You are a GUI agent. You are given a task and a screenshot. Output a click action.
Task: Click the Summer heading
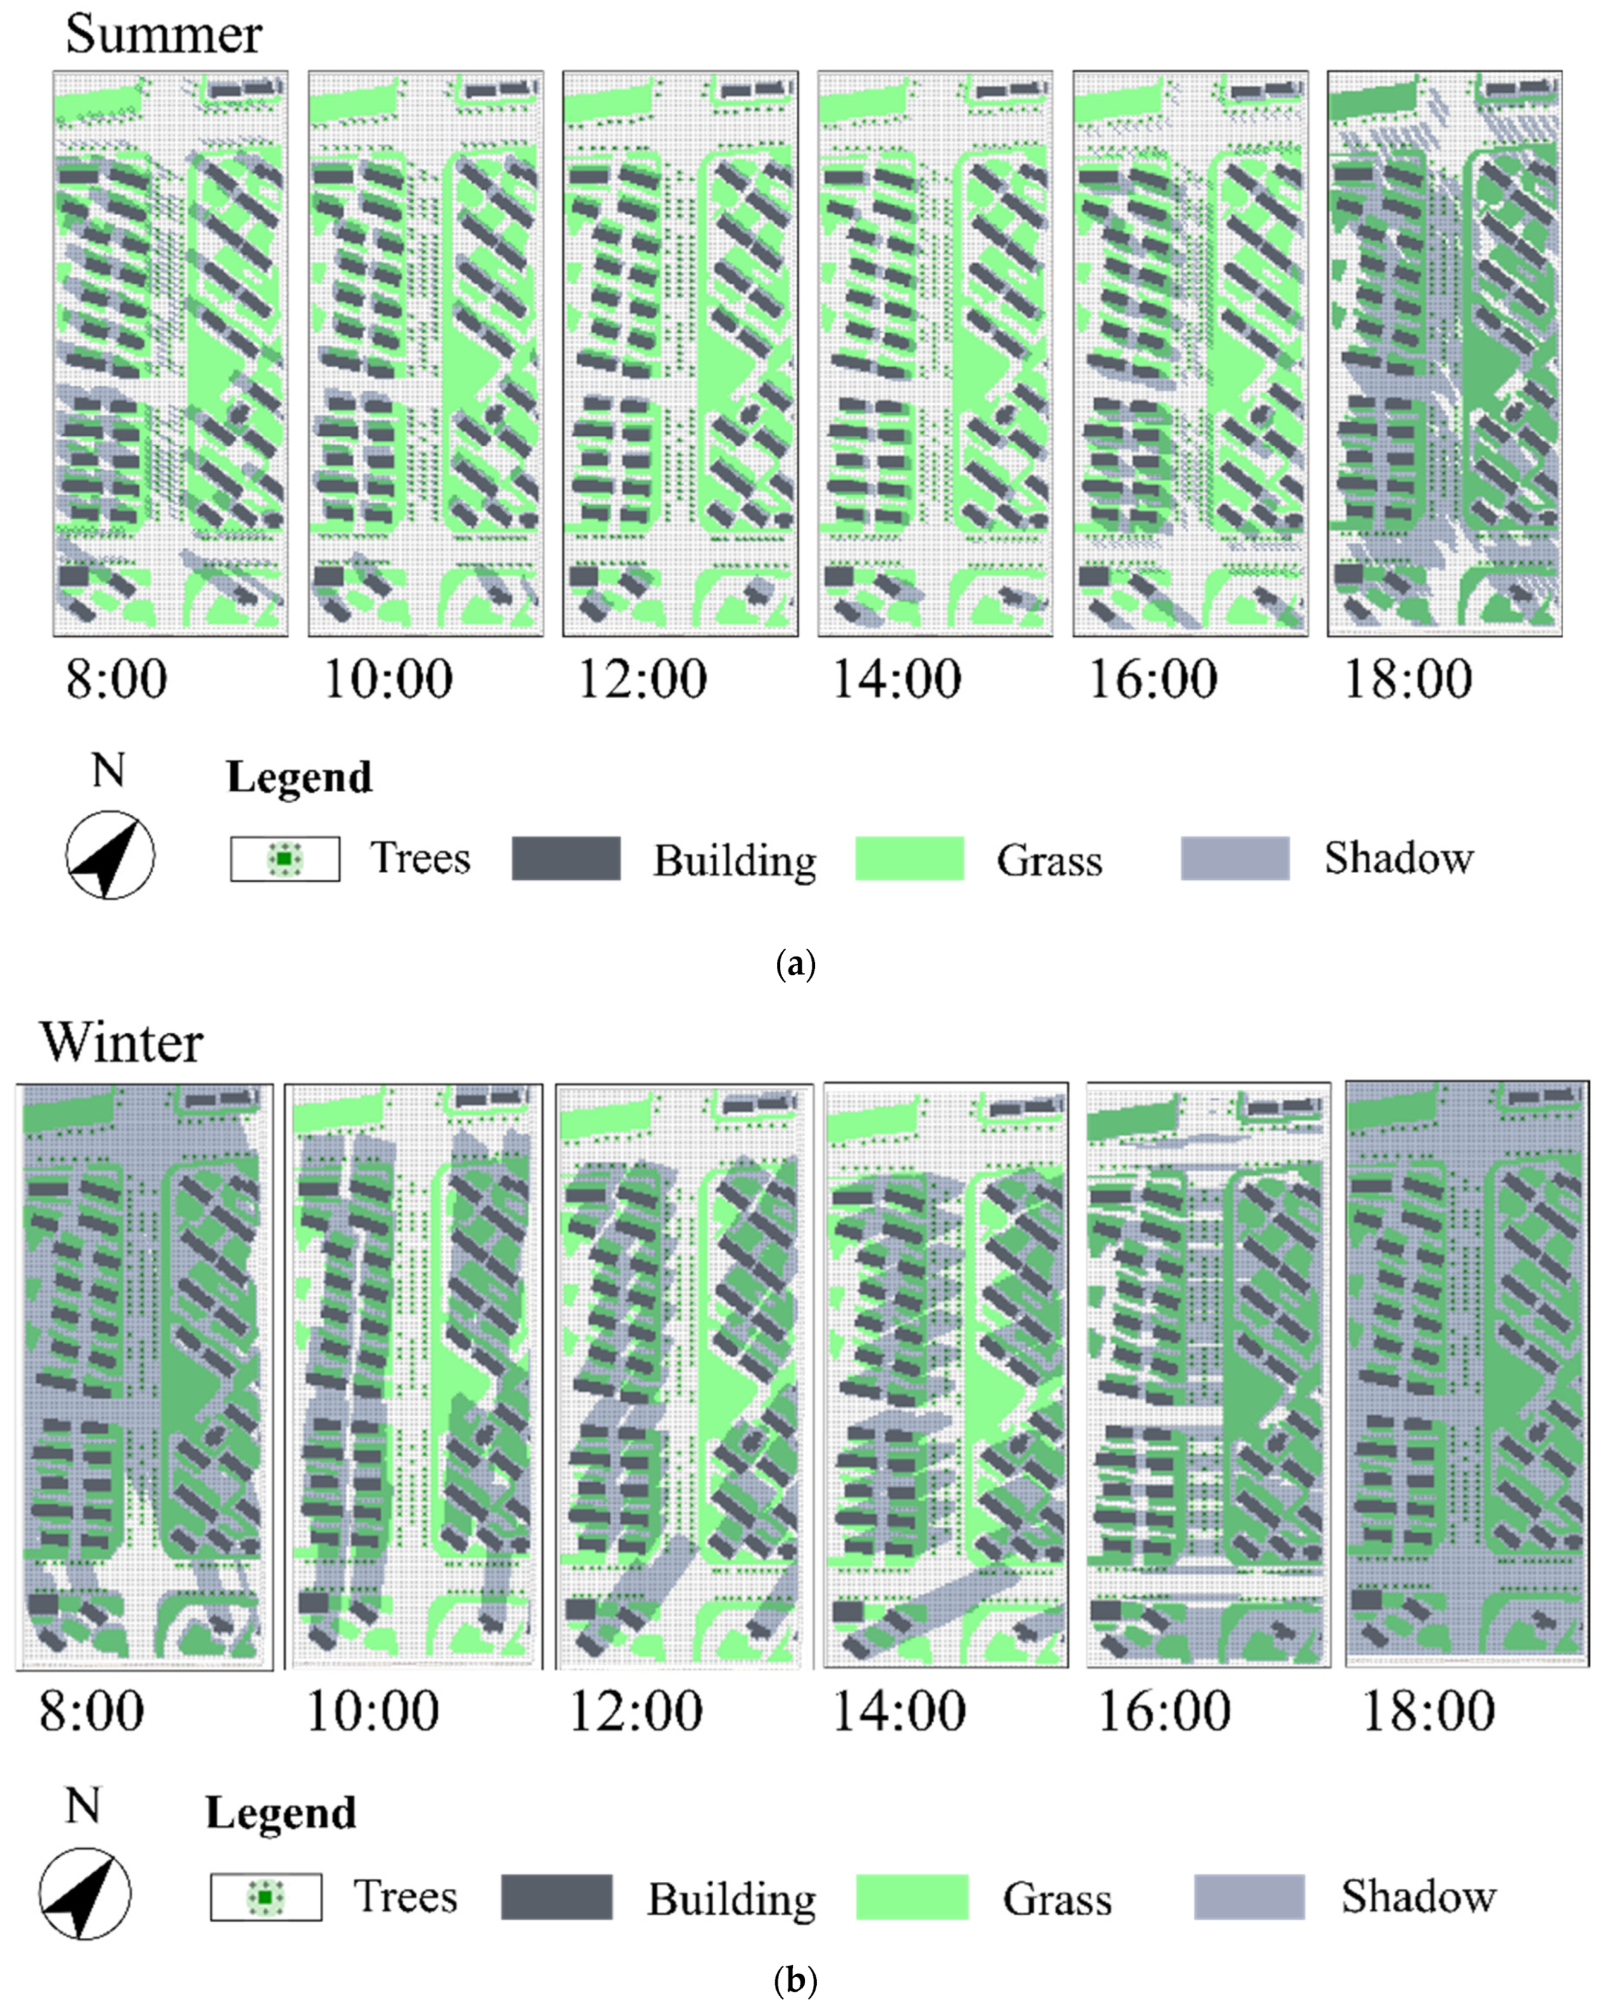pyautogui.click(x=163, y=36)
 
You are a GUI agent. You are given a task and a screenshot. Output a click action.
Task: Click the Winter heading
pyautogui.click(x=121, y=1042)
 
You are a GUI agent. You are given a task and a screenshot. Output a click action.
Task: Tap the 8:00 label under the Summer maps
pyautogui.click(x=117, y=679)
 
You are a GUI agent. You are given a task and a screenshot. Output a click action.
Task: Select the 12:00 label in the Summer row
pyautogui.click(x=643, y=679)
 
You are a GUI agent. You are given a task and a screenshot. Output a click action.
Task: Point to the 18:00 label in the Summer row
pyautogui.click(x=1408, y=679)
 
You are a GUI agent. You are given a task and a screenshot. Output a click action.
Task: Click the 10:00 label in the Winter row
pyautogui.click(x=372, y=1711)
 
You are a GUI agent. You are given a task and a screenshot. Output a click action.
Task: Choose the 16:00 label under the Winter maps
pyautogui.click(x=1164, y=1711)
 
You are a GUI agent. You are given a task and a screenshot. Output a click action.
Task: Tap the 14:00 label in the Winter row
pyautogui.click(x=899, y=1711)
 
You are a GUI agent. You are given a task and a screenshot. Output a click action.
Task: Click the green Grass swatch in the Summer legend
pyautogui.click(x=910, y=858)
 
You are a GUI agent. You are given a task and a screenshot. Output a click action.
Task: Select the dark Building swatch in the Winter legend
pyautogui.click(x=556, y=1897)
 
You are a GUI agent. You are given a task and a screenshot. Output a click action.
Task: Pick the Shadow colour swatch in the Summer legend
pyautogui.click(x=1235, y=858)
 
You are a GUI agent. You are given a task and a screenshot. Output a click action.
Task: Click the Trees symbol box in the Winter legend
pyautogui.click(x=267, y=1897)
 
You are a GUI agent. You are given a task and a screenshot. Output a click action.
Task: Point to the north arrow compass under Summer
pyautogui.click(x=110, y=855)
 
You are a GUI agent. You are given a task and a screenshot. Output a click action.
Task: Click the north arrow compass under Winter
pyautogui.click(x=85, y=1894)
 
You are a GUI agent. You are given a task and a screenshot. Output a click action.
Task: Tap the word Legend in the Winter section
pyautogui.click(x=281, y=1813)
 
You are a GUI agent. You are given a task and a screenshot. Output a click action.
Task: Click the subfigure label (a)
pyautogui.click(x=796, y=963)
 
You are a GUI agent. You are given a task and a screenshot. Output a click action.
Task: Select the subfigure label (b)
pyautogui.click(x=796, y=1980)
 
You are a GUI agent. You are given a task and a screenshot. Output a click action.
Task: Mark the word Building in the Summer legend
pyautogui.click(x=734, y=860)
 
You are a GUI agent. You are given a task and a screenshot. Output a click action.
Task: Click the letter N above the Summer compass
pyautogui.click(x=108, y=770)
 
